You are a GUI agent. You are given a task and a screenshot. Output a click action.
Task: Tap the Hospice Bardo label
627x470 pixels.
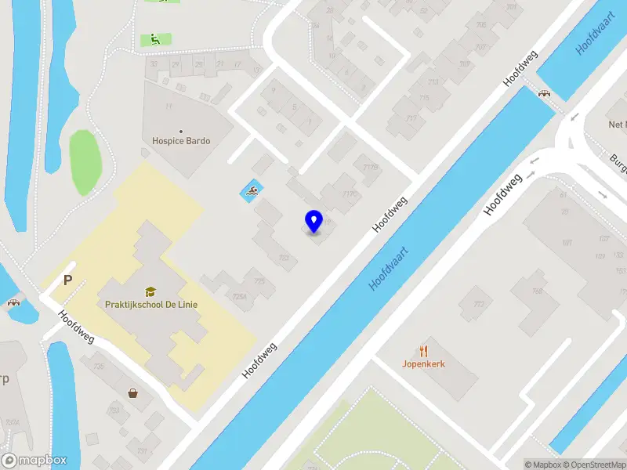[181, 141]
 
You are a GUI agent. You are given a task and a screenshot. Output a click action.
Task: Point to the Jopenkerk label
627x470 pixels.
[424, 363]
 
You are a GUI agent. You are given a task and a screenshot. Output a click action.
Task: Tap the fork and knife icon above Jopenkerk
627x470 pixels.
[424, 351]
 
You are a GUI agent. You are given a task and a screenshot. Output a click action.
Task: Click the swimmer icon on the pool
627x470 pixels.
[252, 190]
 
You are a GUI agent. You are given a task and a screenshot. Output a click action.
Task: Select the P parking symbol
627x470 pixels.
[68, 280]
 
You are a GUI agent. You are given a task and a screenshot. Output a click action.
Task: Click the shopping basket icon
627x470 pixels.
[134, 392]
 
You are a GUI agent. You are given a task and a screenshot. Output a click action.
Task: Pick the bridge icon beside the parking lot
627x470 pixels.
[13, 302]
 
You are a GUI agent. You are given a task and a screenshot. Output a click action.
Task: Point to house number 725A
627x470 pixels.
[240, 296]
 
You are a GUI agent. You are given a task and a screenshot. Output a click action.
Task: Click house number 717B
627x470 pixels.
[371, 166]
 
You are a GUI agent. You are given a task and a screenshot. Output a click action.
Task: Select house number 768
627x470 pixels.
[538, 291]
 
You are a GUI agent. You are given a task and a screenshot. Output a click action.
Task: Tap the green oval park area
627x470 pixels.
[85, 162]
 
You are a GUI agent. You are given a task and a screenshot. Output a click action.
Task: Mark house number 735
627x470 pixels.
[99, 366]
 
